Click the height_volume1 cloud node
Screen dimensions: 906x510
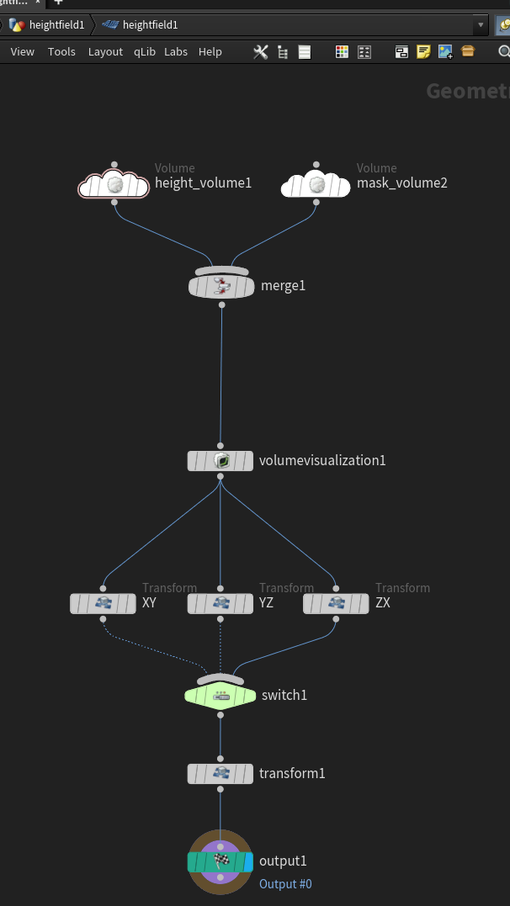pyautogui.click(x=114, y=183)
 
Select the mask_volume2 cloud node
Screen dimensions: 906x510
pyautogui.click(x=316, y=183)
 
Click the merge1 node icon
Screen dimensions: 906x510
pyautogui.click(x=221, y=286)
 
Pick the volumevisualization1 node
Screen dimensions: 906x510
pyautogui.click(x=220, y=461)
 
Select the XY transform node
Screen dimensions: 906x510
pyautogui.click(x=104, y=603)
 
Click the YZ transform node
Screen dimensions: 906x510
pyautogui.click(x=220, y=603)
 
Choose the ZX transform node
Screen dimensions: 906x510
pyautogui.click(x=336, y=603)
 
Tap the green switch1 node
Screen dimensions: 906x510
pyautogui.click(x=220, y=696)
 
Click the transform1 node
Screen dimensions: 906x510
pyautogui.click(x=220, y=773)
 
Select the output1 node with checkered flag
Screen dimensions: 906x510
pyautogui.click(x=220, y=861)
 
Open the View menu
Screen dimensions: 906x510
pyautogui.click(x=23, y=52)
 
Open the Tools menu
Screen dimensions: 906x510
pyautogui.click(x=61, y=52)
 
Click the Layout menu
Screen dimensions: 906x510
pyautogui.click(x=105, y=52)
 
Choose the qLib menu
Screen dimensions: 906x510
pyautogui.click(x=145, y=52)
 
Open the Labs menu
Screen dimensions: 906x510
pyautogui.click(x=176, y=52)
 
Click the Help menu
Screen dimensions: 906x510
pyautogui.click(x=210, y=52)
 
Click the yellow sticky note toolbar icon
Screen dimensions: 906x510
pyautogui.click(x=424, y=52)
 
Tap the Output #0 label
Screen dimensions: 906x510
pyautogui.click(x=285, y=884)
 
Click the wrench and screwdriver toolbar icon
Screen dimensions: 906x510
pyautogui.click(x=261, y=52)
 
